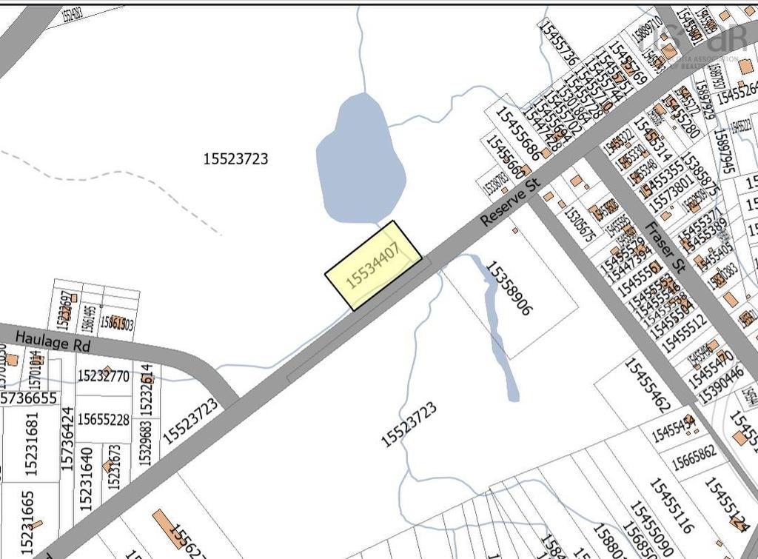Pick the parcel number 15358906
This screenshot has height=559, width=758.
click(x=509, y=288)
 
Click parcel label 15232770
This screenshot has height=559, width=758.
click(x=103, y=376)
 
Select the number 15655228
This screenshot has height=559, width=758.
click(x=103, y=420)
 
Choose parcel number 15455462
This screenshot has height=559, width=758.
click(x=646, y=386)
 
